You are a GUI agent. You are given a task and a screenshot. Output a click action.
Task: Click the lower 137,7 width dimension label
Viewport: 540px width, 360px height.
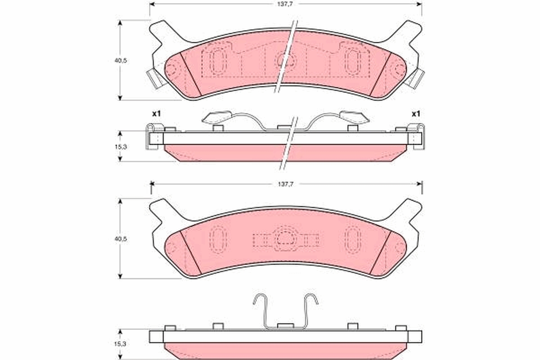(x=285, y=184)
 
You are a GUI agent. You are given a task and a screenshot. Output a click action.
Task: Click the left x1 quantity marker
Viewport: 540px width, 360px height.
(x=156, y=114)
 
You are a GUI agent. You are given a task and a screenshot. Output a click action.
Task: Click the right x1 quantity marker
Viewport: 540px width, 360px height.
(x=415, y=114)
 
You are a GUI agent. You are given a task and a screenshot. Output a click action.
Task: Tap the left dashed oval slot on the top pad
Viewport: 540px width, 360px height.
(x=217, y=61)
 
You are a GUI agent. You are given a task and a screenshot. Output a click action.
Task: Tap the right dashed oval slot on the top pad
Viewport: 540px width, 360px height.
(x=352, y=61)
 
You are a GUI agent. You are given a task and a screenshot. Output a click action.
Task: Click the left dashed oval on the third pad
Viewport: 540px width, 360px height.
(x=217, y=239)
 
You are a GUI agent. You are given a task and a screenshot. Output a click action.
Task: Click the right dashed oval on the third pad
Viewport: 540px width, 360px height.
(x=352, y=239)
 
